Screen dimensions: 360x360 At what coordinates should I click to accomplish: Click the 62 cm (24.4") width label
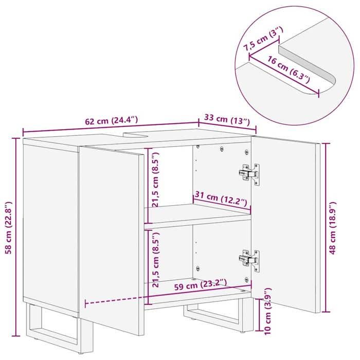111,121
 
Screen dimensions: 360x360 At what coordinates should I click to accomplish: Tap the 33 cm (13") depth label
227,120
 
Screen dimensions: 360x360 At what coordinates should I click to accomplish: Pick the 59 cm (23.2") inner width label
200,282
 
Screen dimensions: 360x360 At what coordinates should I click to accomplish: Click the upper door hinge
250,173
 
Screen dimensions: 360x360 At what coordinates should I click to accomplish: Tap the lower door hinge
250,259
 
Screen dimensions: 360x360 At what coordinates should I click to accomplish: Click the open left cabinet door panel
111,242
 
